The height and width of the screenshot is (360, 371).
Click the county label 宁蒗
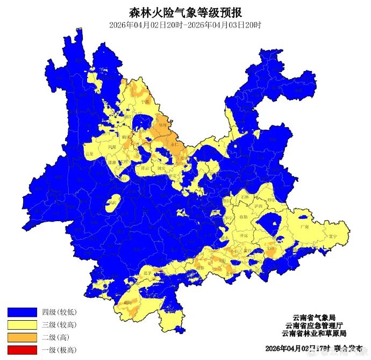click(x=144, y=101)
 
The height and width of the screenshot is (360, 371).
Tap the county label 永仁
click(x=174, y=144)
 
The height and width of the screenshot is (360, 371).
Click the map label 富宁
click(x=333, y=236)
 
